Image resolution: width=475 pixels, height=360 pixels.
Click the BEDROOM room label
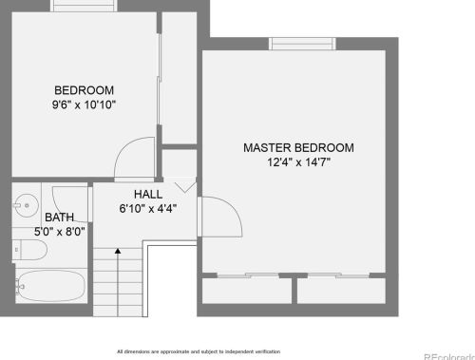tap(85, 82)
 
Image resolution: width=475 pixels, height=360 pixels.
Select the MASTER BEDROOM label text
tap(298, 148)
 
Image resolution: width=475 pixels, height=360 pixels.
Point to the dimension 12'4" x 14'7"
tap(298, 162)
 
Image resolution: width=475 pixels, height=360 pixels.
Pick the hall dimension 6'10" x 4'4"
tap(147, 207)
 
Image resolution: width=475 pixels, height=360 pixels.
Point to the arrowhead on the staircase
tap(117, 251)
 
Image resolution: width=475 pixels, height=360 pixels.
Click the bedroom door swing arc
tap(133, 157)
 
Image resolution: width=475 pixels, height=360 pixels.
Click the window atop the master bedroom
tap(302, 44)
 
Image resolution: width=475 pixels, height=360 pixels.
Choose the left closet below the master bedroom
tap(247, 290)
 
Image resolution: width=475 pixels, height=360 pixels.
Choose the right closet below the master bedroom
tap(342, 290)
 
